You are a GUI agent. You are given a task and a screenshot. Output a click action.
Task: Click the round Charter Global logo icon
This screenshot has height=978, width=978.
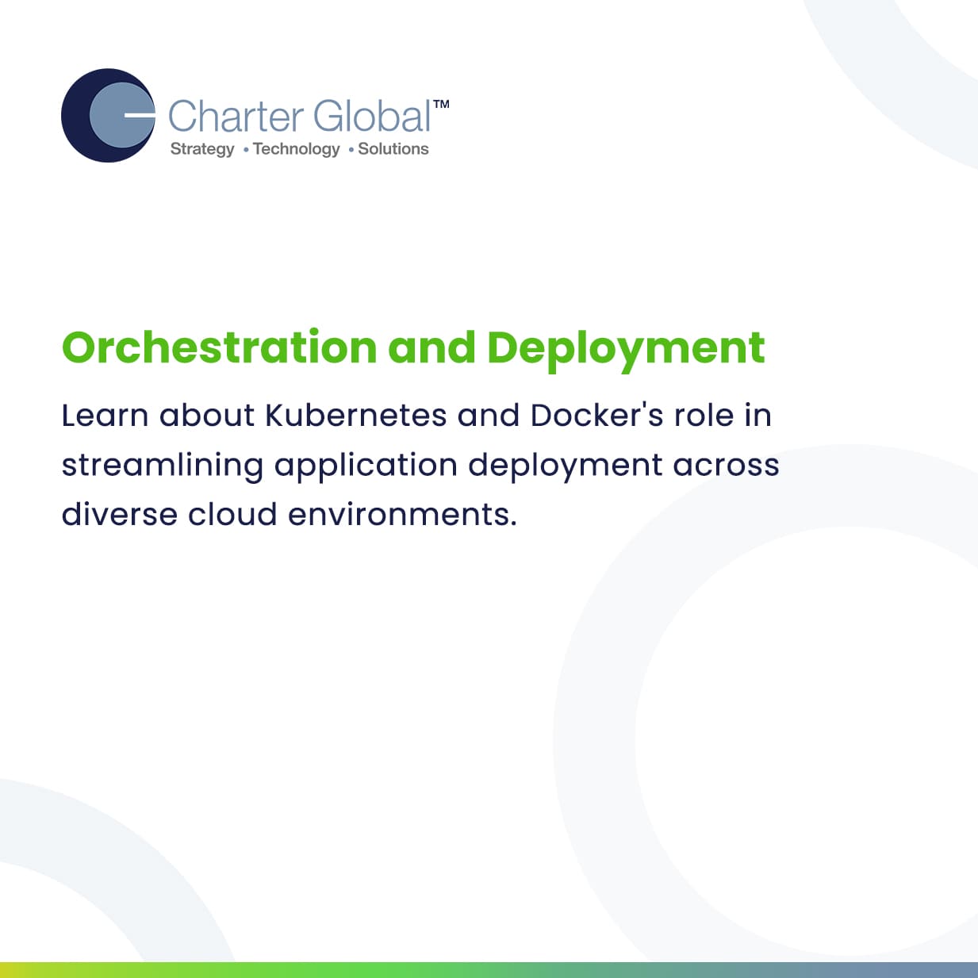108,116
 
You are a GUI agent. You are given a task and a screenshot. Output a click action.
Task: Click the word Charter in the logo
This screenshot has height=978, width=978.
236,117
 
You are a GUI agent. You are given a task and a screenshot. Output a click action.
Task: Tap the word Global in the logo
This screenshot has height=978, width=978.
373,116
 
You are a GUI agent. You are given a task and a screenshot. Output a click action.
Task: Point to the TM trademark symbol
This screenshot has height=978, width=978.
441,104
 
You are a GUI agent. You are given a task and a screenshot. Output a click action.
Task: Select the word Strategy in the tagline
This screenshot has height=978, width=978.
202,149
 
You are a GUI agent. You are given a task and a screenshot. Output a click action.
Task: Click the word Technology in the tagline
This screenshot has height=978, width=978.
297,149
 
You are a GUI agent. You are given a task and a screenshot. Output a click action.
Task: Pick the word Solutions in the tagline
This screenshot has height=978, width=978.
393,148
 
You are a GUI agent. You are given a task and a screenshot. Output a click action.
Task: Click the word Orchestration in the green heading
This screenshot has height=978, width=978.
219,347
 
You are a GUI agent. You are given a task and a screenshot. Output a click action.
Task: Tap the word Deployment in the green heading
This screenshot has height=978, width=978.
626,351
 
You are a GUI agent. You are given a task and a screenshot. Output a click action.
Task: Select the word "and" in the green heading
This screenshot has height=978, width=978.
432,347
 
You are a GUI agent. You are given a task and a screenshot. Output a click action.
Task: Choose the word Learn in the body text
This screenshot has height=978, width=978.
105,416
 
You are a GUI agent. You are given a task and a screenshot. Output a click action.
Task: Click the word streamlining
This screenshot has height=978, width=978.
163,466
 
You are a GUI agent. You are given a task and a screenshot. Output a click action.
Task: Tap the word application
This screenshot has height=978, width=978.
366,466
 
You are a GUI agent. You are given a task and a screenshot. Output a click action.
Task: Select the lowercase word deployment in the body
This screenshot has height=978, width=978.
566,466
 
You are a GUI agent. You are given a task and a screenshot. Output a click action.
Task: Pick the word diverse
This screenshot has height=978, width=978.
120,514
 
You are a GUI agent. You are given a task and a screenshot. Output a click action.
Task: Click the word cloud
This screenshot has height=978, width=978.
232,514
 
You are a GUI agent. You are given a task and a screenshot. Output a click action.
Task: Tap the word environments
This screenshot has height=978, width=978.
402,515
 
